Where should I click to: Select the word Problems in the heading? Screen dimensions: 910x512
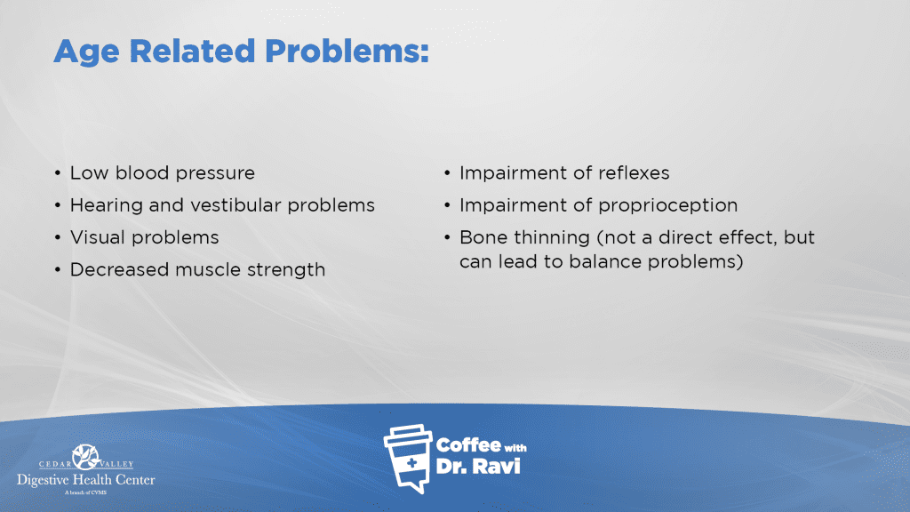point(347,51)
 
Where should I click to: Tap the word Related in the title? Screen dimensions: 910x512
point(192,51)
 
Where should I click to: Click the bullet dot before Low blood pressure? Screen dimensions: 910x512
point(58,173)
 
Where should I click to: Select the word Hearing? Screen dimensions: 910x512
point(107,206)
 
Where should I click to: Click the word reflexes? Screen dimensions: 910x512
point(633,173)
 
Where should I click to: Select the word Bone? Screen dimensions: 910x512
point(483,237)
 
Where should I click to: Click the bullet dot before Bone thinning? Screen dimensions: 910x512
point(447,237)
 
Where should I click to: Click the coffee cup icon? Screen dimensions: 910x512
point(409,459)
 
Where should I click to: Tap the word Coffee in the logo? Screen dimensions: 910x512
point(468,445)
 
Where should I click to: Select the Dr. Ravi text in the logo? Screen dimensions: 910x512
point(478,466)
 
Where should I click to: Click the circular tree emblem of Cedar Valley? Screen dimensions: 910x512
point(86,458)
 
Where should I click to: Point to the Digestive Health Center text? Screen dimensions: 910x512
point(86,480)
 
